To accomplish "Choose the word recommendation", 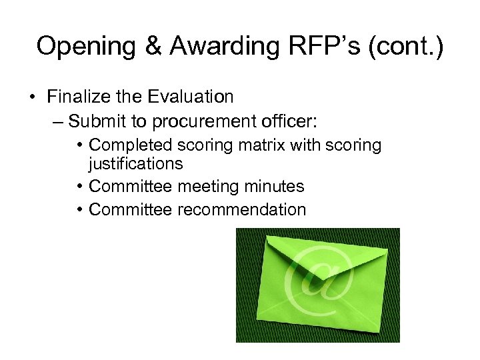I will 241,210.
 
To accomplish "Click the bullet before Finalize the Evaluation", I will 32,97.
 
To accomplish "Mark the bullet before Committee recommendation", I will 79,211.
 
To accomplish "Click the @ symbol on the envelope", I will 317,280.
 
